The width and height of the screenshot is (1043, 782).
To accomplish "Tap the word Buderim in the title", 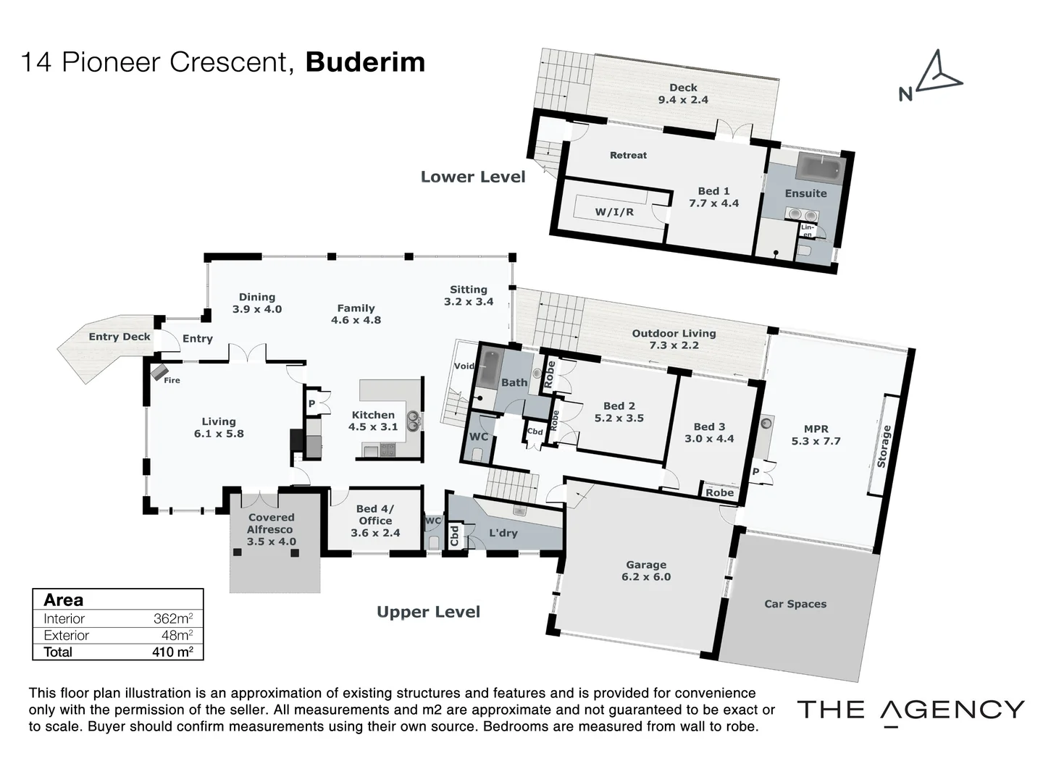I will coord(365,62).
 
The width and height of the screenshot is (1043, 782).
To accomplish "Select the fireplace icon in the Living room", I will coord(159,373).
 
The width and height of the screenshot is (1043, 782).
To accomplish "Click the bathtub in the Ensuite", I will coord(820,168).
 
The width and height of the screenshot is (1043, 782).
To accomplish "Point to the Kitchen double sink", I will coord(414,421).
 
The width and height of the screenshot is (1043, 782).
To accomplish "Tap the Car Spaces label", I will coord(795,604).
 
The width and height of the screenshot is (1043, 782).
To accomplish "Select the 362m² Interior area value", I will coord(172,618).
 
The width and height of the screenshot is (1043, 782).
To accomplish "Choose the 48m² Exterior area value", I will coord(177,635).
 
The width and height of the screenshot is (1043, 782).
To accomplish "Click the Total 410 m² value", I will coord(172,652).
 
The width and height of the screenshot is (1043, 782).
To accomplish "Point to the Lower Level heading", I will coord(473,177).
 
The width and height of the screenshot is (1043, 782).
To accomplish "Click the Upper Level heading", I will coord(428,612).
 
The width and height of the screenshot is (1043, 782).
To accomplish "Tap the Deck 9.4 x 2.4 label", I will coord(682,93).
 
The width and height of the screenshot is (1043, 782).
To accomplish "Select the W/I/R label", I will coord(614,212).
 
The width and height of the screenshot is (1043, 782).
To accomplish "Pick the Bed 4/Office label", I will coord(375,521).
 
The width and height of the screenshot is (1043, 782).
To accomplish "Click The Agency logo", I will coord(910,710).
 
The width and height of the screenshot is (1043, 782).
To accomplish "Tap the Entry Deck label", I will coord(120,337).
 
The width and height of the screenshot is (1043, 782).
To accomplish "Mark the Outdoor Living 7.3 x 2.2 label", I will coord(674,339).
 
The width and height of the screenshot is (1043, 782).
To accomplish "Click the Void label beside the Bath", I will coord(464,366).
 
